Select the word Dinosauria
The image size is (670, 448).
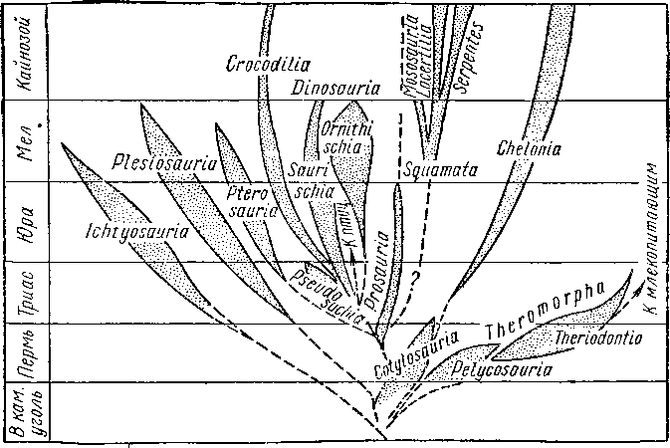pyautogui.click(x=338, y=89)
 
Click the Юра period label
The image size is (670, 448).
pyautogui.click(x=30, y=221)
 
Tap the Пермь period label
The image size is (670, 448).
pyautogui.click(x=30, y=352)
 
